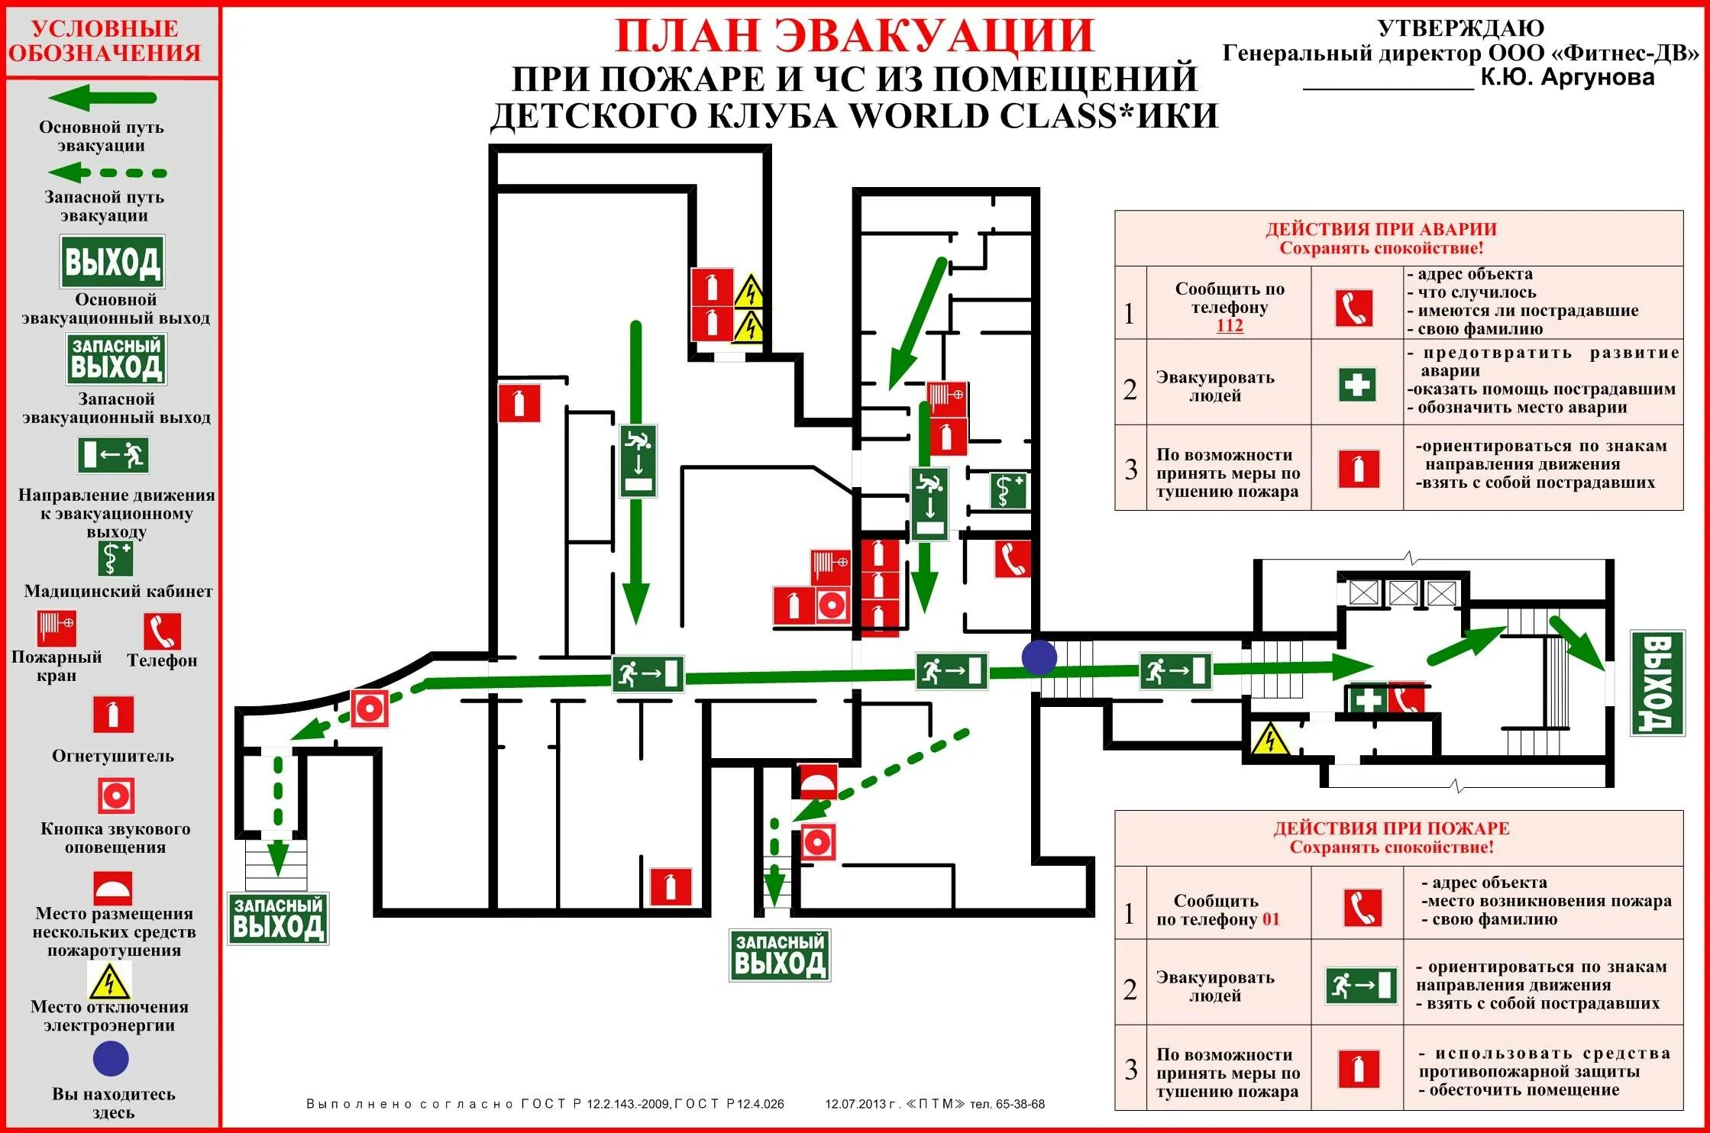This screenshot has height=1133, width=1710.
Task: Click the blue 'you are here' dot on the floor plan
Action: coord(1039,657)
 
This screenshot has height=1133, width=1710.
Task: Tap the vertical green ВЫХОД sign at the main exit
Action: coord(1657,683)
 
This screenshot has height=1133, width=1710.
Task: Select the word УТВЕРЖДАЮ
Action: coord(1460,28)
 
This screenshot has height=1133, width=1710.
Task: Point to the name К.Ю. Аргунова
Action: coord(1567,77)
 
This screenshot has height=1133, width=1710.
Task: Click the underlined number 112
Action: coord(1230,325)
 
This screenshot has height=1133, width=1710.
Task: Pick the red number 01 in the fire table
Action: coord(1271,919)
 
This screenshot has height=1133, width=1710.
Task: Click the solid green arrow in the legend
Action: coord(102,98)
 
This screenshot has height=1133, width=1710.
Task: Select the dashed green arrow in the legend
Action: coord(107,173)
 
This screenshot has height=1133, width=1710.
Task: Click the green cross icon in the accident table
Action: coord(1357,384)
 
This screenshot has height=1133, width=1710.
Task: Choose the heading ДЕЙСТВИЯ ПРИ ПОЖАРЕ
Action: coord(1391,828)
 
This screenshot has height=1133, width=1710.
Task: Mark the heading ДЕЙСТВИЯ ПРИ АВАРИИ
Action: coord(1381,229)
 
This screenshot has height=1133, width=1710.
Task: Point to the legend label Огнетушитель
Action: coord(113,756)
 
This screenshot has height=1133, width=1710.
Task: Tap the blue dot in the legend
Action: coord(111,1059)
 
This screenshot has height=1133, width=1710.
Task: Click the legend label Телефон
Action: coord(162,660)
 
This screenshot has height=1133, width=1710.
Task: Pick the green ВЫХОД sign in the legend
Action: coord(112,262)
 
